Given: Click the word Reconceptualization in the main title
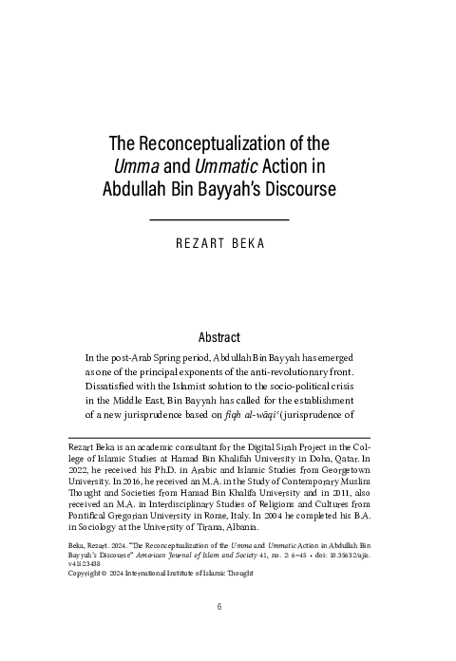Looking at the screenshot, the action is [226, 144].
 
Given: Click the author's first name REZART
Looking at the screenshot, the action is [205, 244].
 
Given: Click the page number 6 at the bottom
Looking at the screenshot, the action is [218, 633].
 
